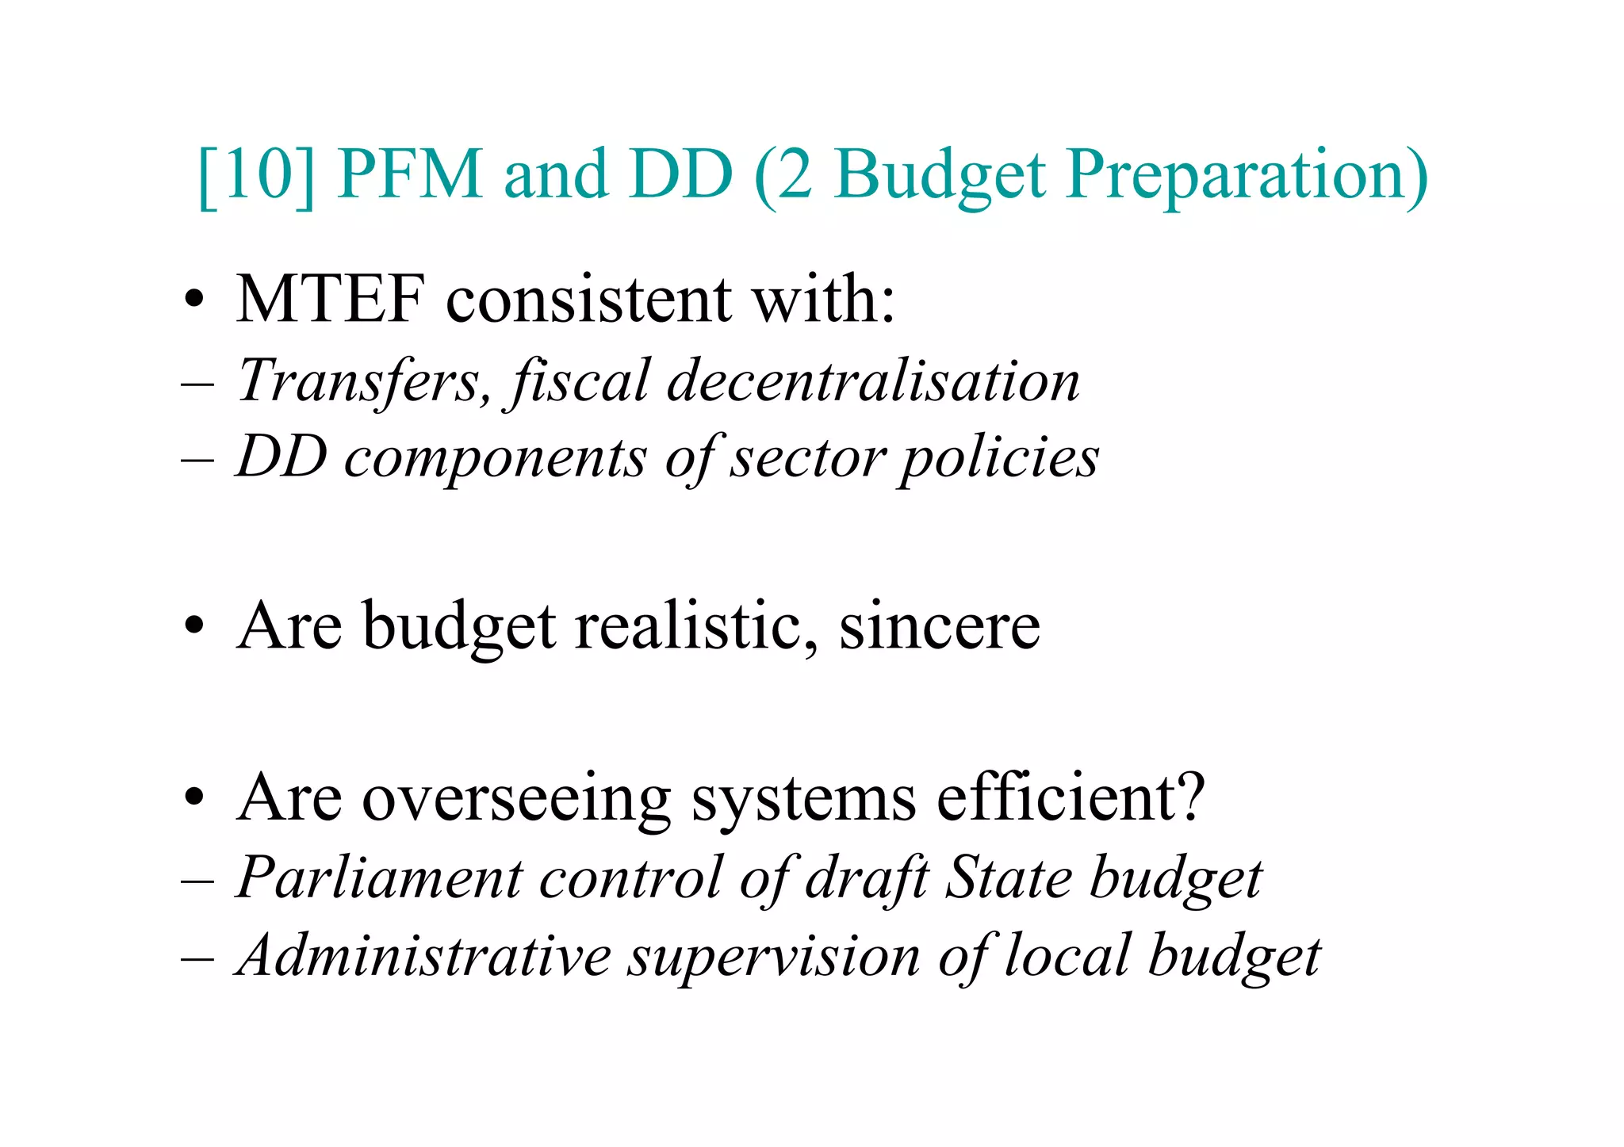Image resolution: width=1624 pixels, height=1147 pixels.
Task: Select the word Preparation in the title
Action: [1246, 176]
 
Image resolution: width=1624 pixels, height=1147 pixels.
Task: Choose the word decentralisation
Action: [873, 380]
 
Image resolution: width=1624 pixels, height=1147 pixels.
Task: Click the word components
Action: [495, 459]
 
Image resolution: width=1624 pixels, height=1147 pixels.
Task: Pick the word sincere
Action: [939, 626]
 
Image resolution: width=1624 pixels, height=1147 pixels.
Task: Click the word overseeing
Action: [516, 798]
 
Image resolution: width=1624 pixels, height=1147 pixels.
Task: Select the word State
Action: [1008, 877]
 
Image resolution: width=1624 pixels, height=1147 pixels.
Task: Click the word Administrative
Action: [424, 955]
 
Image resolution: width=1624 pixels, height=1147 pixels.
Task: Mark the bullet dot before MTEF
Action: [193, 301]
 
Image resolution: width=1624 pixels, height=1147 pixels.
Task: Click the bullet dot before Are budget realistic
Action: [193, 628]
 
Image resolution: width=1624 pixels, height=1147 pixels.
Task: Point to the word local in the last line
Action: [1067, 955]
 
